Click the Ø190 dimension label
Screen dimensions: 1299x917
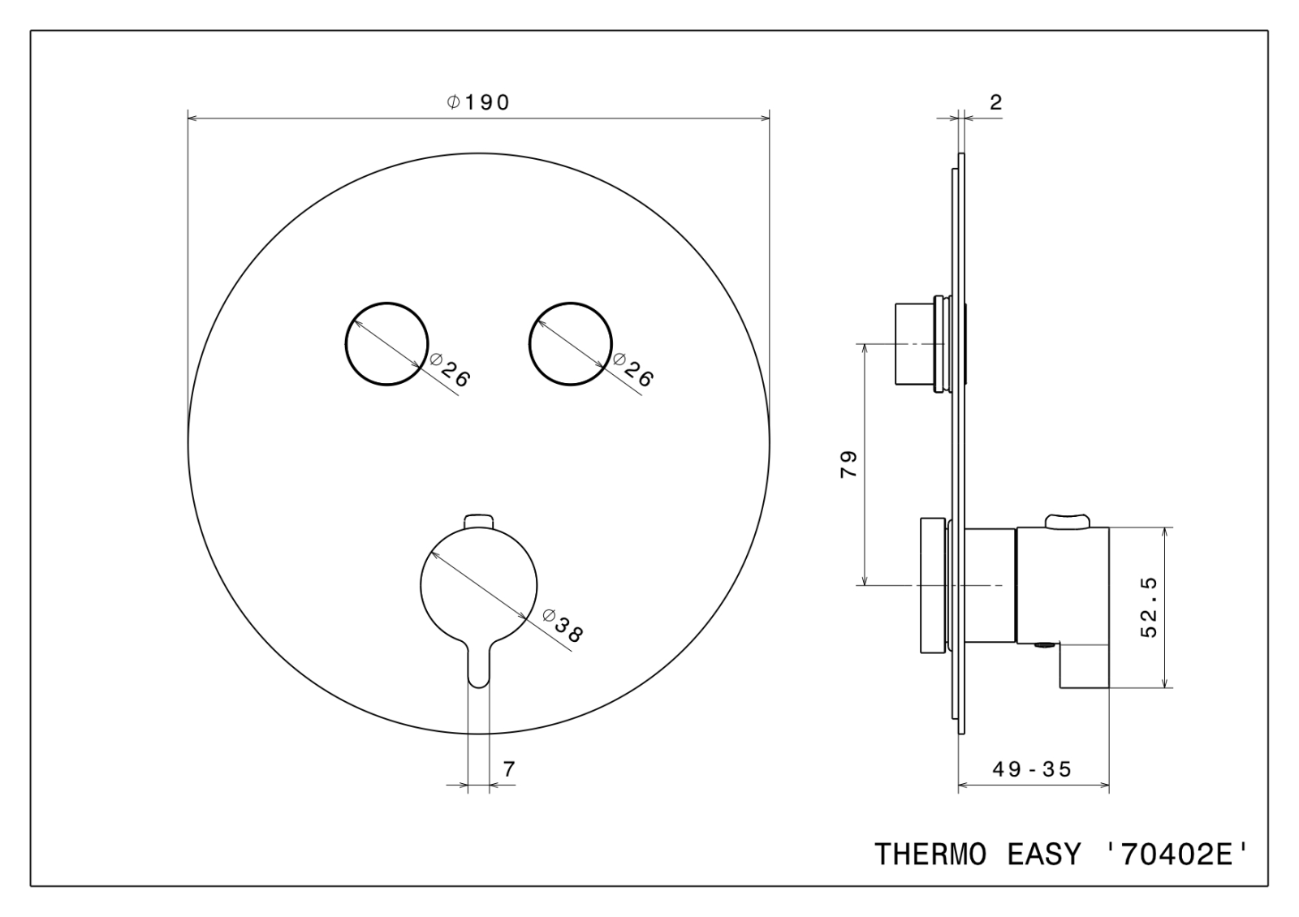tap(478, 102)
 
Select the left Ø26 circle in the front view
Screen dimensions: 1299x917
tap(346, 343)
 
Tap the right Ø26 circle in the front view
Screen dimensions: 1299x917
tap(530, 343)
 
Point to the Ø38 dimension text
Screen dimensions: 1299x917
tap(562, 626)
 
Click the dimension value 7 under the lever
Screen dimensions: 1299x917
tap(508, 769)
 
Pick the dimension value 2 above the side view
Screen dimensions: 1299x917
tap(995, 102)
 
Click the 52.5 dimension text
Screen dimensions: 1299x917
tap(1148, 608)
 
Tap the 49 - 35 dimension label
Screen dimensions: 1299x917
tap(1032, 769)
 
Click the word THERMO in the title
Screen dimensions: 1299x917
tap(930, 855)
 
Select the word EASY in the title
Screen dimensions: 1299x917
tap(1044, 855)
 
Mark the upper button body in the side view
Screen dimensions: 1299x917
tap(914, 343)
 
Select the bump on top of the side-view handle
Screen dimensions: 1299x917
tap(1068, 520)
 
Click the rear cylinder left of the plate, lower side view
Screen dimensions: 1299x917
tap(933, 585)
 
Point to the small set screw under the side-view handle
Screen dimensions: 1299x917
tap(1045, 644)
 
